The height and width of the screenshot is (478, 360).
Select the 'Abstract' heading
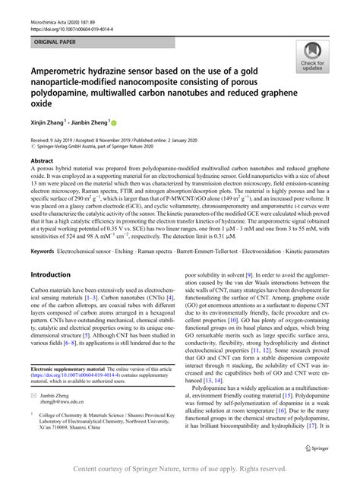coord(40,161)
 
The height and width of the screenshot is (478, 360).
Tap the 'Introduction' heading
coord(50,274)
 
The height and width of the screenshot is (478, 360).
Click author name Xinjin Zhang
coord(47,122)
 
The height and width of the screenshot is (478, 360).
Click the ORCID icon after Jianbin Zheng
coord(115,121)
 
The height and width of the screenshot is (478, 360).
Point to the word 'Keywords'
coord(43,250)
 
